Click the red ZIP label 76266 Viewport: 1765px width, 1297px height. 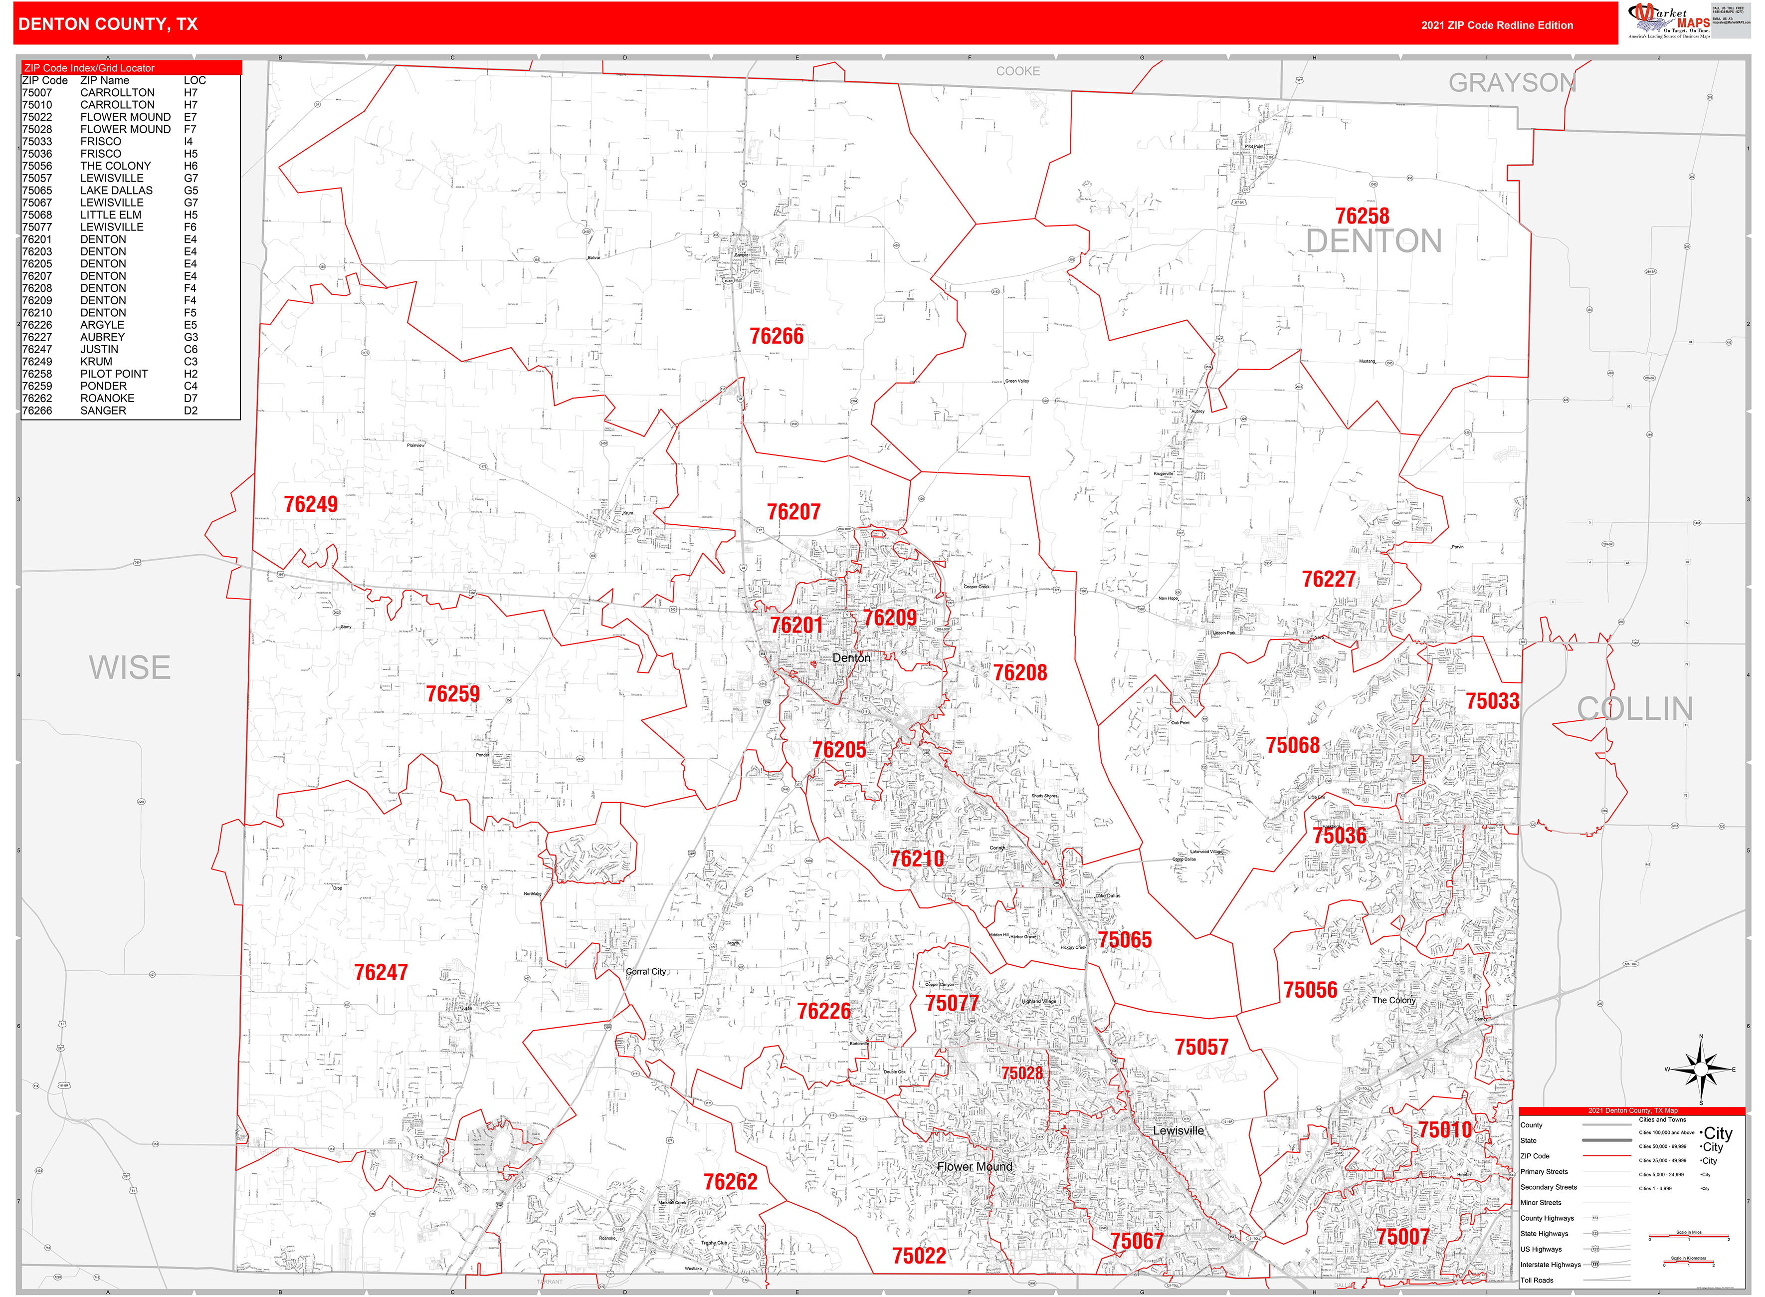coord(776,336)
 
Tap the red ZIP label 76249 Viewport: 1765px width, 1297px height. coord(311,504)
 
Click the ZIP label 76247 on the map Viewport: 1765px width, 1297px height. coord(381,973)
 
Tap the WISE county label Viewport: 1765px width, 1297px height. coord(130,668)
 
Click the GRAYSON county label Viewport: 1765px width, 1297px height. coord(1512,83)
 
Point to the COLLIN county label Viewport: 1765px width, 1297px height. coord(1635,709)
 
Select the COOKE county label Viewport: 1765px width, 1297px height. coord(1018,71)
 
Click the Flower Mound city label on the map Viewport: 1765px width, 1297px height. coord(974,1167)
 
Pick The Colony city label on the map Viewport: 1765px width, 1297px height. coord(1394,1000)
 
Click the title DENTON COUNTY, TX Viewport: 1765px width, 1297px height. coord(108,24)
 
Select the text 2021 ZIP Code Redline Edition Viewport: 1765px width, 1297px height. coord(1497,25)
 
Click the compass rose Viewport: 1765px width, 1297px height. coord(1701,1070)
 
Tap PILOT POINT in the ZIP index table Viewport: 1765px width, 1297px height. coord(114,374)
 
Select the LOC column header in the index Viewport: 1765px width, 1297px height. coord(195,80)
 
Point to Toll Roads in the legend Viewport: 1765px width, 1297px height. coord(1537,1280)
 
